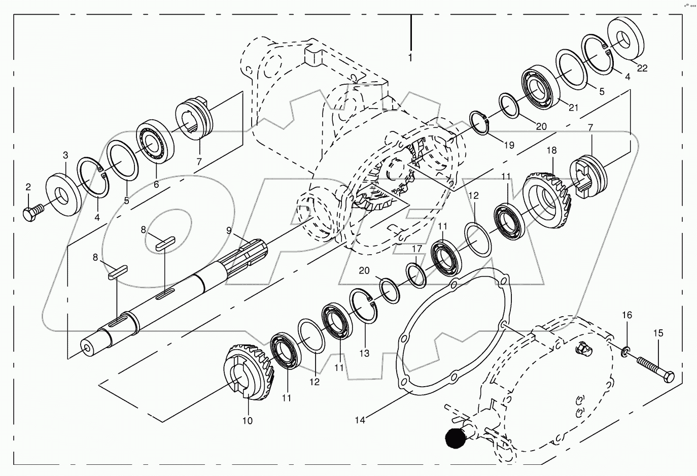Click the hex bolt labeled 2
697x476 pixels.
coord(31,214)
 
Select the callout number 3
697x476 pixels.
coord(65,154)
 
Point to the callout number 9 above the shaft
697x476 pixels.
coord(229,230)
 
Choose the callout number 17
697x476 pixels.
coord(416,249)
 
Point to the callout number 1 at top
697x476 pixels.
coord(410,58)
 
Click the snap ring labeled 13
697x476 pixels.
coord(366,305)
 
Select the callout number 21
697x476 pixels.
coord(573,107)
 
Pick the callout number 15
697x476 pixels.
coord(658,333)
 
